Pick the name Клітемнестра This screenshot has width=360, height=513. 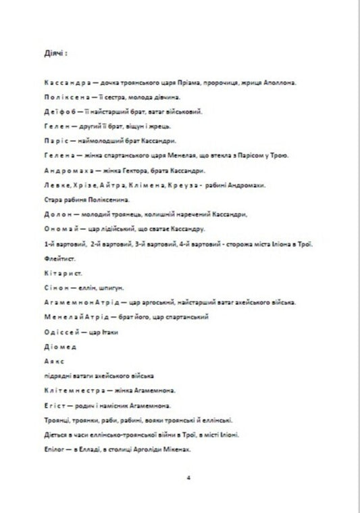click(x=71, y=390)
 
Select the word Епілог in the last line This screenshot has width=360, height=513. click(x=52, y=449)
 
